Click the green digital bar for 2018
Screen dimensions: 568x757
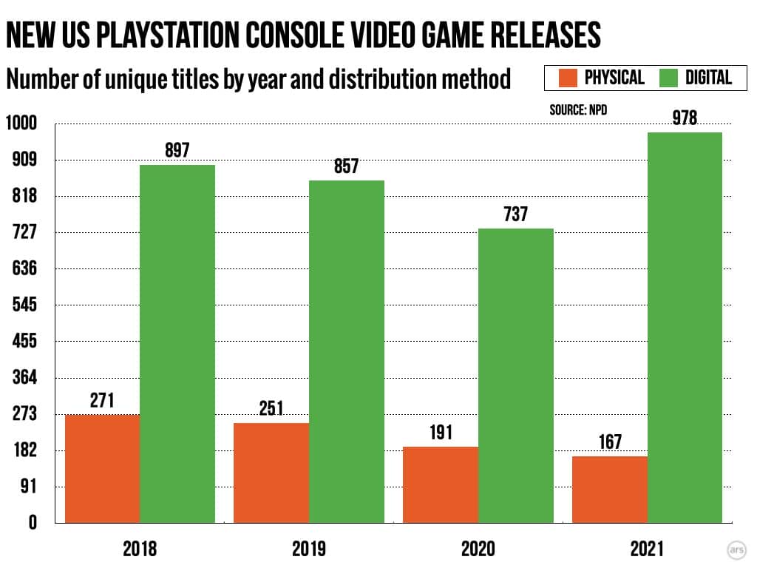coord(177,344)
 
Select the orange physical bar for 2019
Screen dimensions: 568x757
coord(271,473)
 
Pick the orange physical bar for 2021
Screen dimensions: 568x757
coord(610,490)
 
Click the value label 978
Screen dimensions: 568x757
coord(685,118)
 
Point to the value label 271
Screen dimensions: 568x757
coord(102,400)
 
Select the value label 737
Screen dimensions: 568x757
coord(515,214)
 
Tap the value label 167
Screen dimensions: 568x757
coord(610,442)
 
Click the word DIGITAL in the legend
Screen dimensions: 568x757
coord(708,78)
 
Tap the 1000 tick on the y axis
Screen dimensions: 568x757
coord(21,124)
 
